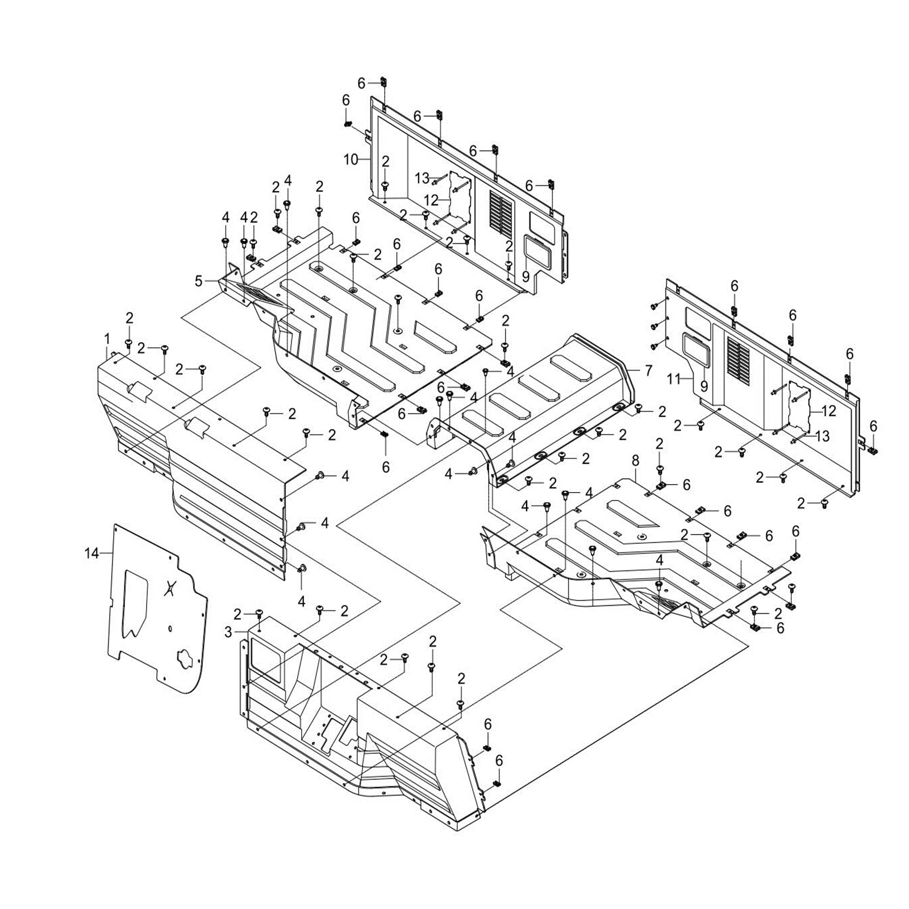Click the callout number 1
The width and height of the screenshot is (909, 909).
pos(107,339)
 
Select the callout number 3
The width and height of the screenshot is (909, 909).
pos(228,632)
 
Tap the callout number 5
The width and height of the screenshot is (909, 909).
pos(198,281)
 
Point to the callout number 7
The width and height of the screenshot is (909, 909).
pos(649,370)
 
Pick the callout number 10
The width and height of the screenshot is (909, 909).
pos(351,160)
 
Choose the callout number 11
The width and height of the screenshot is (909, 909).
pos(673,378)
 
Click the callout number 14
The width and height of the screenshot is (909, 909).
pos(91,552)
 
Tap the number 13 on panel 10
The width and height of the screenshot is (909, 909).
pos(422,178)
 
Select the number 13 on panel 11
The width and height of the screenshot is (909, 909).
pos(822,436)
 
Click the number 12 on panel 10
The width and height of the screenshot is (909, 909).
pos(431,201)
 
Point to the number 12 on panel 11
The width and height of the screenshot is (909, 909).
pos(829,411)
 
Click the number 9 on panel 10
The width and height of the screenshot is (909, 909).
pos(526,277)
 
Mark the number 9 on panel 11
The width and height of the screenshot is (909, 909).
pos(704,387)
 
